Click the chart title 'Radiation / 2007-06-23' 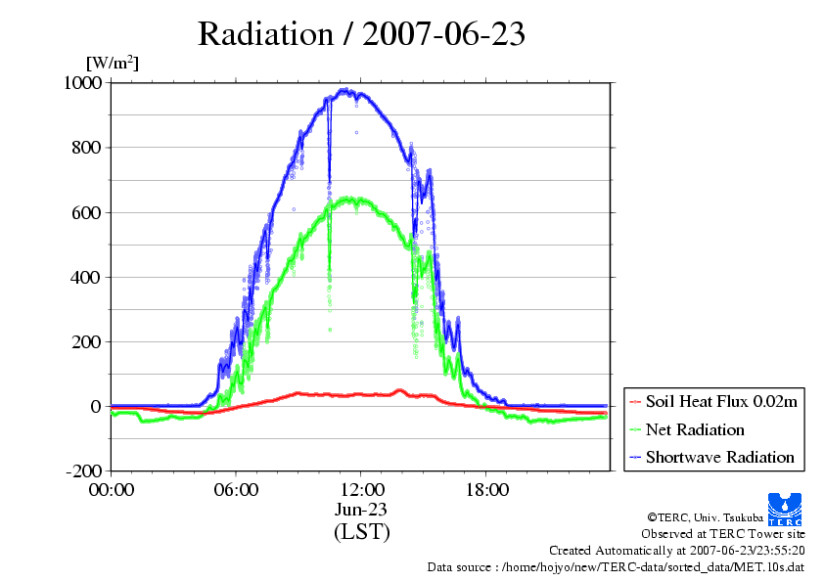click(361, 33)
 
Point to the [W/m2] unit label click(113, 63)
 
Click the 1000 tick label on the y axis click(82, 83)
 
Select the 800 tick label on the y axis click(87, 148)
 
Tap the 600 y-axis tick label click(87, 212)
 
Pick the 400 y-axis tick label click(87, 277)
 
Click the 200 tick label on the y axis click(87, 341)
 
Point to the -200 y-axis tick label click(83, 470)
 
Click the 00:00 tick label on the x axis click(112, 490)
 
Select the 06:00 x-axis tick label click(236, 490)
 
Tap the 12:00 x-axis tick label click(361, 490)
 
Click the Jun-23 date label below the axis click(361, 510)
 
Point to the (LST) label click(361, 532)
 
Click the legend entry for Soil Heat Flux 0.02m click(714, 402)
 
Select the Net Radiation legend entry click(695, 429)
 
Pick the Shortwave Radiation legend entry click(719, 457)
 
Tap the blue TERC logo click(784, 507)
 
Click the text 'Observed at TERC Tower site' click(723, 534)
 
